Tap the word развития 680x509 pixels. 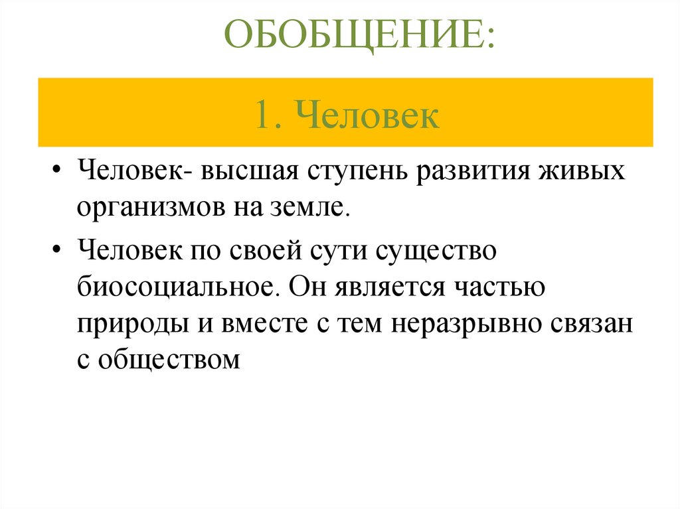tap(476, 173)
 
